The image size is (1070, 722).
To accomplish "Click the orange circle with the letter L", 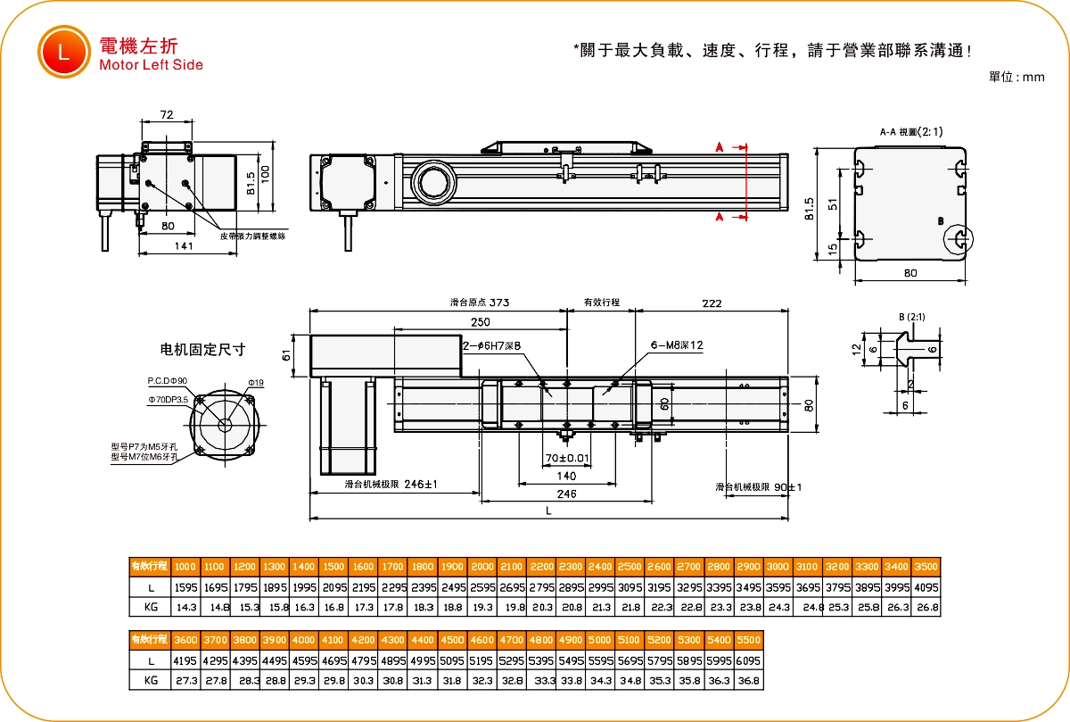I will pyautogui.click(x=63, y=51).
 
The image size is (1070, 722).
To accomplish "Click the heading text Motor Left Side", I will pyautogui.click(x=152, y=65).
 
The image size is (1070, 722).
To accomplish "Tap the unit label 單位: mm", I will pyautogui.click(x=1017, y=78).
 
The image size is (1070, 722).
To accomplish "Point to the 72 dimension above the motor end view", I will pyautogui.click(x=166, y=114).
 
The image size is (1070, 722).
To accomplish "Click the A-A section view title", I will pyautogui.click(x=909, y=132).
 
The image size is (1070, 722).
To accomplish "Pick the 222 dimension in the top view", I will pyautogui.click(x=712, y=303).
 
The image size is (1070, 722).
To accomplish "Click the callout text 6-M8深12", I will pyautogui.click(x=678, y=344).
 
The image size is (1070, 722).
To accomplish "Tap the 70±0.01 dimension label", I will pyautogui.click(x=567, y=459).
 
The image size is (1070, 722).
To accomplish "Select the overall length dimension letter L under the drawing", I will pyautogui.click(x=548, y=510).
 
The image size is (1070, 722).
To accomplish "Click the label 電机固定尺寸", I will pyautogui.click(x=202, y=349).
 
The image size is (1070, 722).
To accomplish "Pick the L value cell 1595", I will pyautogui.click(x=185, y=587).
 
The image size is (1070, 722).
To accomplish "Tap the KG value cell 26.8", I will pyautogui.click(x=927, y=607).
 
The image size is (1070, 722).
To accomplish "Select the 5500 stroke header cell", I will pyautogui.click(x=750, y=640).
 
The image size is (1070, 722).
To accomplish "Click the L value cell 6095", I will pyautogui.click(x=750, y=660).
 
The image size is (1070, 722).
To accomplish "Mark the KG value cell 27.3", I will pyautogui.click(x=185, y=680).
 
